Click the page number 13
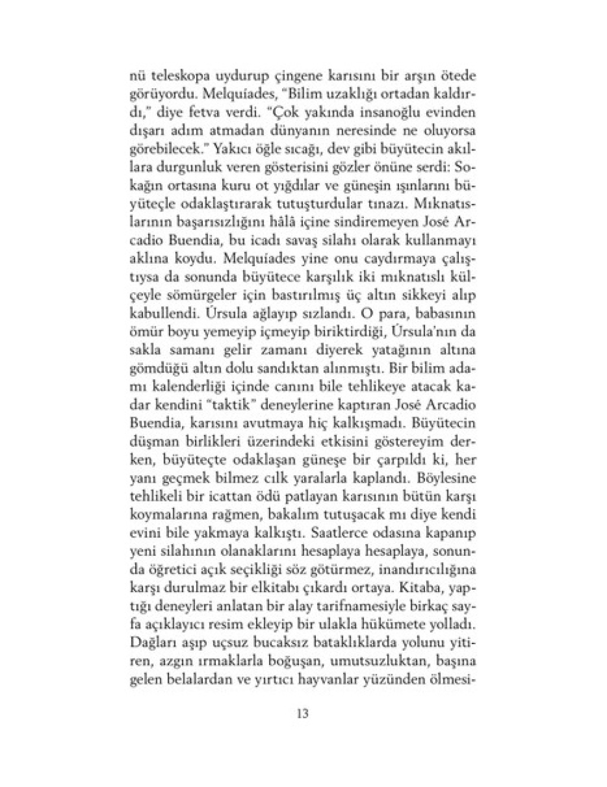click(302, 713)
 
